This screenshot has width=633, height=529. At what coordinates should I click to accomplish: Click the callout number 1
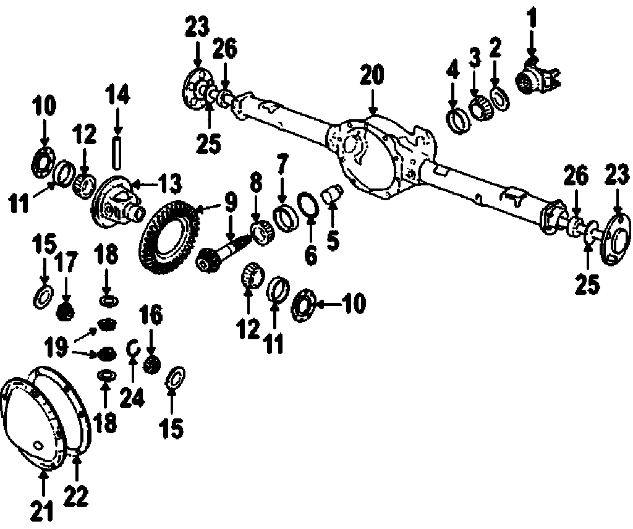[531, 15]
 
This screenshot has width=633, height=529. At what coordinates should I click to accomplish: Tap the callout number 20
[372, 75]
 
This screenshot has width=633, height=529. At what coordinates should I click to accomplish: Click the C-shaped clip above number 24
[132, 349]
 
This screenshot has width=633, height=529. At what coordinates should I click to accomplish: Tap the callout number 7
[282, 166]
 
